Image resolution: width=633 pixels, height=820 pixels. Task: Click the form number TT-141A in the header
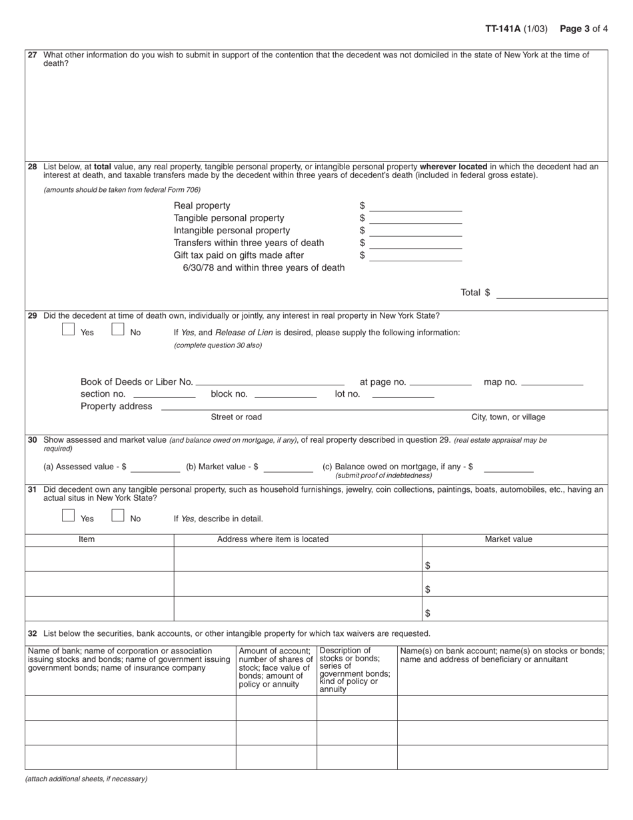coord(502,29)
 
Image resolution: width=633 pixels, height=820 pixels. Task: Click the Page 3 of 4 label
coord(583,29)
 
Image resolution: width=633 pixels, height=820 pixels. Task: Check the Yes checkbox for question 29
coord(68,329)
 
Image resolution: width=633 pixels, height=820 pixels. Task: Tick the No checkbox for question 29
coord(118,329)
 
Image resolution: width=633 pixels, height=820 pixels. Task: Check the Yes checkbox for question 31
coord(68,515)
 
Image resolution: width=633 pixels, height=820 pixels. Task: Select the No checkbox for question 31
coord(118,515)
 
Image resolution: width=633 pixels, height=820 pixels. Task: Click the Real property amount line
coord(415,206)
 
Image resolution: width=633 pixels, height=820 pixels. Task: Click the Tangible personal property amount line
coord(415,219)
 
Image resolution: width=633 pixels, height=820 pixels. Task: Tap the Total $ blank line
coord(552,293)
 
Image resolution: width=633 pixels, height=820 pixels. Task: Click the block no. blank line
coord(285,394)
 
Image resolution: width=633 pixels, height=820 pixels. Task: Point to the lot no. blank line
coord(402,394)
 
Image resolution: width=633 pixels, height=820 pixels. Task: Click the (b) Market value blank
coord(288,467)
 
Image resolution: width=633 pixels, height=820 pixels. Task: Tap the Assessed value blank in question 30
coord(155,467)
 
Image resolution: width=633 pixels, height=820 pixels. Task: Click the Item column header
coord(87,539)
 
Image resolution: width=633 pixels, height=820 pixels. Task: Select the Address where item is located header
coord(273,539)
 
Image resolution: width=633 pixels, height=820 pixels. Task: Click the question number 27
coord(33,55)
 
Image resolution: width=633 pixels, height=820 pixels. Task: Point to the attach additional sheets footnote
coord(87,779)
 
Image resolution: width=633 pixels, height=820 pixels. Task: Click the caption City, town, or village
coord(508,417)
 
